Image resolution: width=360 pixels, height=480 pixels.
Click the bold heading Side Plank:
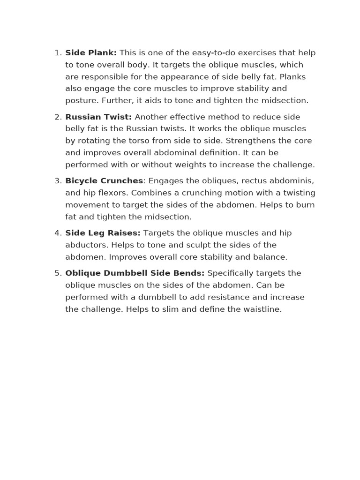pos(91,53)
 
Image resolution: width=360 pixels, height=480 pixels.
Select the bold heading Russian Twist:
pos(98,117)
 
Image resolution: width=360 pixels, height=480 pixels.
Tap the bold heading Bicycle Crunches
pos(104,181)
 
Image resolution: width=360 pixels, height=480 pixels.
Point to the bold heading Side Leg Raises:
pos(103,233)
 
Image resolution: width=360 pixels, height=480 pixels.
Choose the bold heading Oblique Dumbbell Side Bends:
pos(135,273)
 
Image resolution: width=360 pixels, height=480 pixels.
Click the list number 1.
pos(57,53)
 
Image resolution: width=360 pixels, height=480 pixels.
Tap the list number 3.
pos(57,181)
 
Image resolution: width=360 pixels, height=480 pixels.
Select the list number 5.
pos(57,273)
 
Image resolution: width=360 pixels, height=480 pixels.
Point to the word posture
pos(81,101)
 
